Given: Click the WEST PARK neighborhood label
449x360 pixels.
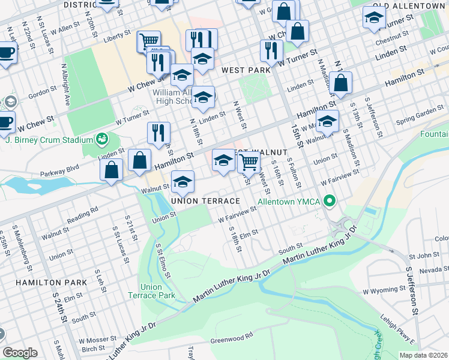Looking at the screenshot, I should (x=246, y=70).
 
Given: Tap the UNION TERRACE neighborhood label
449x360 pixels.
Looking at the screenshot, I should (x=205, y=200).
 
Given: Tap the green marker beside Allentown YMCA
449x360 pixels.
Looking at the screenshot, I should (x=329, y=200).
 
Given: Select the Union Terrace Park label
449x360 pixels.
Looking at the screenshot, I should (x=151, y=291).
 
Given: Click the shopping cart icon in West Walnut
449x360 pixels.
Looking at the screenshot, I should (x=249, y=161).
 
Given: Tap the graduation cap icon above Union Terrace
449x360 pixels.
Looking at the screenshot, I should (x=183, y=181).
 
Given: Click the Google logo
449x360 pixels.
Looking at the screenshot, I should (x=20, y=353).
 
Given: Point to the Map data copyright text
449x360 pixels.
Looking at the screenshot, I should (x=423, y=355).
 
